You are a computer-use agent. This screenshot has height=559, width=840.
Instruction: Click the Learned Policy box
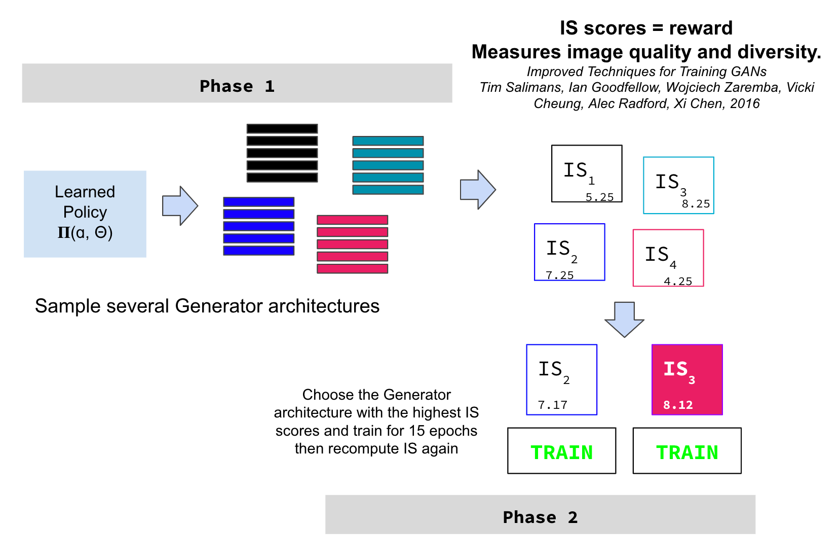[85, 214]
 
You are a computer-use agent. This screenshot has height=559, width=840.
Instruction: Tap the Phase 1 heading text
[237, 86]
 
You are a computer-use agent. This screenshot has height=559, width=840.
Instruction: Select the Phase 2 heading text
[540, 517]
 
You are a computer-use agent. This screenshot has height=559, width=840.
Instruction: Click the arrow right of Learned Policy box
[180, 205]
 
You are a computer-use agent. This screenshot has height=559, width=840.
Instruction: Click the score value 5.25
[599, 197]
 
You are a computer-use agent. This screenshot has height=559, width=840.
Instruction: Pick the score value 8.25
[696, 204]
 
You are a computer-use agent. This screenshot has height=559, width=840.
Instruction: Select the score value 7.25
[559, 275]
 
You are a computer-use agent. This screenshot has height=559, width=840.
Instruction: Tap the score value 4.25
[678, 282]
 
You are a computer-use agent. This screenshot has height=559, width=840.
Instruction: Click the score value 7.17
[552, 405]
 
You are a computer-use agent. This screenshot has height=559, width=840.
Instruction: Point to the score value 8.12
[678, 405]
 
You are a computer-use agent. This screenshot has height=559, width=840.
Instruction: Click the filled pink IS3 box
[687, 379]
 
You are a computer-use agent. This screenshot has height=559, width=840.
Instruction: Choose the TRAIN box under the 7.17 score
[561, 451]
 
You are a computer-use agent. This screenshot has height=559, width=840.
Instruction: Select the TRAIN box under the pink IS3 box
[687, 451]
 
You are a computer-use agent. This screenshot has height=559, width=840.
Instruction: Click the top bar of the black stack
[282, 129]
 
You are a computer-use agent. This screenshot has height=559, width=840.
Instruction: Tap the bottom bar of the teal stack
[388, 190]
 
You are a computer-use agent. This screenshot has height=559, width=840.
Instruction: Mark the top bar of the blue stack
[259, 202]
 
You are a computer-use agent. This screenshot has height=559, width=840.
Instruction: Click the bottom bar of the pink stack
[353, 269]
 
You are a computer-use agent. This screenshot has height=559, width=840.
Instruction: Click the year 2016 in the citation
[745, 103]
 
